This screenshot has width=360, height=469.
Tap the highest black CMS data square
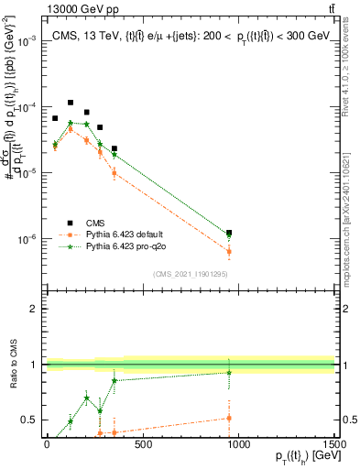point(71,103)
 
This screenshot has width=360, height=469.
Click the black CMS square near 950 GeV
point(228,234)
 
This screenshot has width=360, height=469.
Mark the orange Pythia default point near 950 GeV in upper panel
point(228,251)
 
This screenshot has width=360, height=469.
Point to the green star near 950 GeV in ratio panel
point(228,372)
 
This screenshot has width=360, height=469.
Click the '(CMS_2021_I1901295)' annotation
point(191,274)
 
